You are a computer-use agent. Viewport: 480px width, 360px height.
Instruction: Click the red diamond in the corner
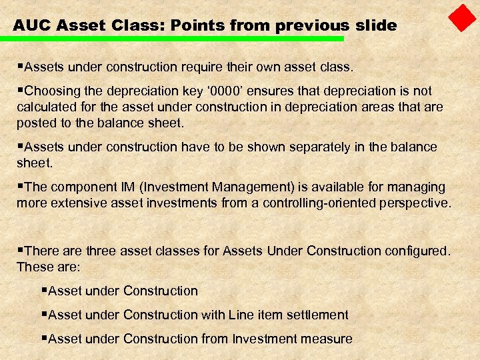click(x=462, y=18)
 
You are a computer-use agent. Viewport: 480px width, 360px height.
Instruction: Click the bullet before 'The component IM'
click(x=20, y=187)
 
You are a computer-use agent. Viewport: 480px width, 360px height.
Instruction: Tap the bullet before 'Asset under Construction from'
click(x=44, y=339)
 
